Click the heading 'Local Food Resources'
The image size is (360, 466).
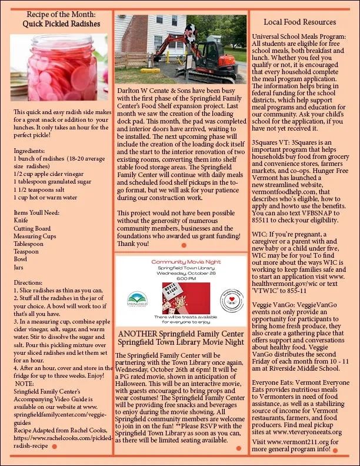tap(299, 22)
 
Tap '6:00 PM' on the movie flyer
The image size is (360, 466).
tap(181, 278)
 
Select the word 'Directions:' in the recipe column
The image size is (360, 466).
tap(28, 282)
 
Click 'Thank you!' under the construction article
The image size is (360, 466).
tap(134, 243)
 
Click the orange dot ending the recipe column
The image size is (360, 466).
tap(54, 447)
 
